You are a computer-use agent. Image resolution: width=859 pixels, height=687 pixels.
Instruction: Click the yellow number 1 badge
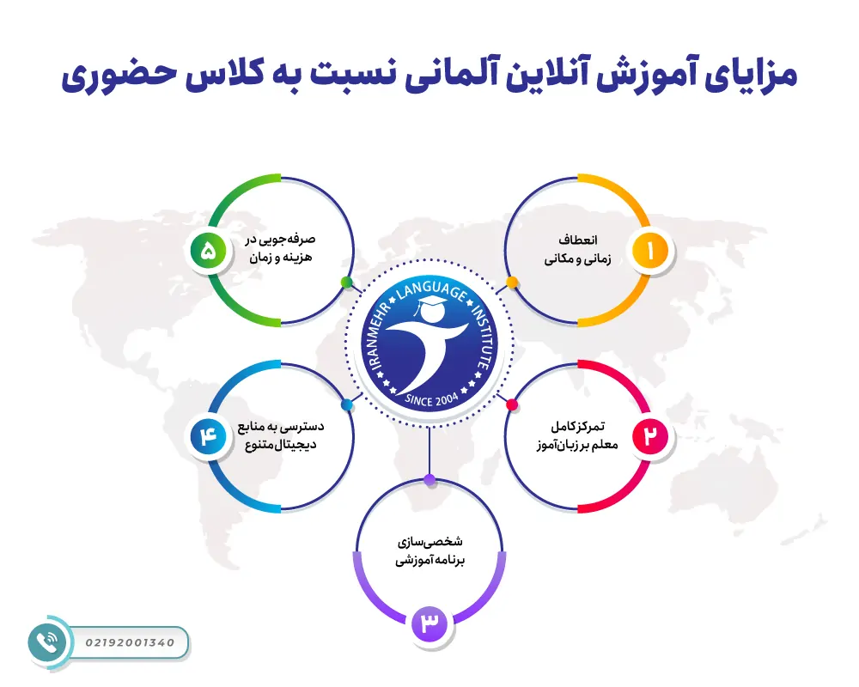click(x=649, y=251)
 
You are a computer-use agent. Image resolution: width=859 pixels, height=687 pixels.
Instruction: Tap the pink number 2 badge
click(x=650, y=436)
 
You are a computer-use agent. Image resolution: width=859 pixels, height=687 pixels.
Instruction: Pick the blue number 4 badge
click(x=208, y=436)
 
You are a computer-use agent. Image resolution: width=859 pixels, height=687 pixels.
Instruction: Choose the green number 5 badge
click(x=208, y=251)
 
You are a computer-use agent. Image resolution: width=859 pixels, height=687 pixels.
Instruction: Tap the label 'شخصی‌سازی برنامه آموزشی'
click(x=429, y=550)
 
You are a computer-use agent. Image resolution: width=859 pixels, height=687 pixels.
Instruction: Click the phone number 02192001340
click(x=131, y=642)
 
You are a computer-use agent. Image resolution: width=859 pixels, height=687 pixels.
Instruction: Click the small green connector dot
click(x=346, y=282)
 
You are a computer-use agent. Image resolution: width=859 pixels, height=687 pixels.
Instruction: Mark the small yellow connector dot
click(x=512, y=282)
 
